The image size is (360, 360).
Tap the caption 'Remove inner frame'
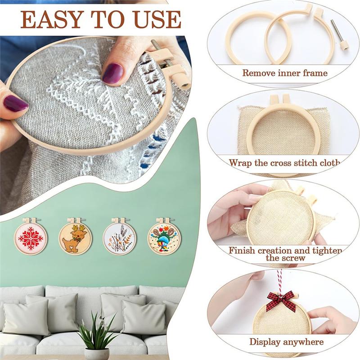coord(284,72)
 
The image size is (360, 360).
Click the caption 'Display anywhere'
coord(286,342)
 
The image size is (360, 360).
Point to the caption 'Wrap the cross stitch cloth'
coord(284,162)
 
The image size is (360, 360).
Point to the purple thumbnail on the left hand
coord(15,103)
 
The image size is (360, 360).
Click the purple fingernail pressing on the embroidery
coord(112,73)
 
